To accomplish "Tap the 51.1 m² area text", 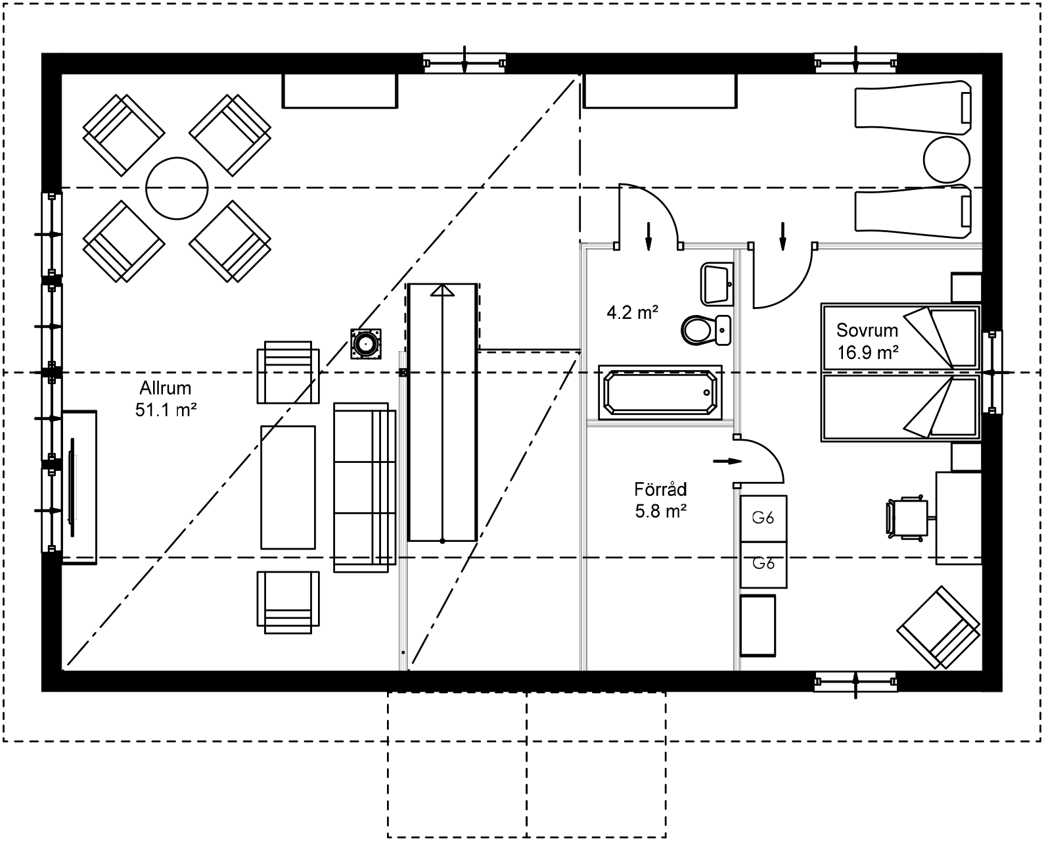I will [166, 410].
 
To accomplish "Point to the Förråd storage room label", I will [660, 489].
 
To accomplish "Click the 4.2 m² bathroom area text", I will [632, 312].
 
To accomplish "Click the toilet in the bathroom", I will [704, 329].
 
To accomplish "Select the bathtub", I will [660, 393].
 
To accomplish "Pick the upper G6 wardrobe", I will [763, 518].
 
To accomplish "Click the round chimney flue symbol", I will [365, 343].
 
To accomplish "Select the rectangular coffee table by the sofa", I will [288, 487].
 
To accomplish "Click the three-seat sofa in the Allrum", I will [365, 487].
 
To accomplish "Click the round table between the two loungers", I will [946, 160].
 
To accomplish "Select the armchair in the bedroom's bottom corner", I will [940, 628].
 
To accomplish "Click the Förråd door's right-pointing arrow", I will [727, 461].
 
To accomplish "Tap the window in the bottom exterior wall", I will [855, 682].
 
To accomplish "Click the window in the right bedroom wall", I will [993, 372].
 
